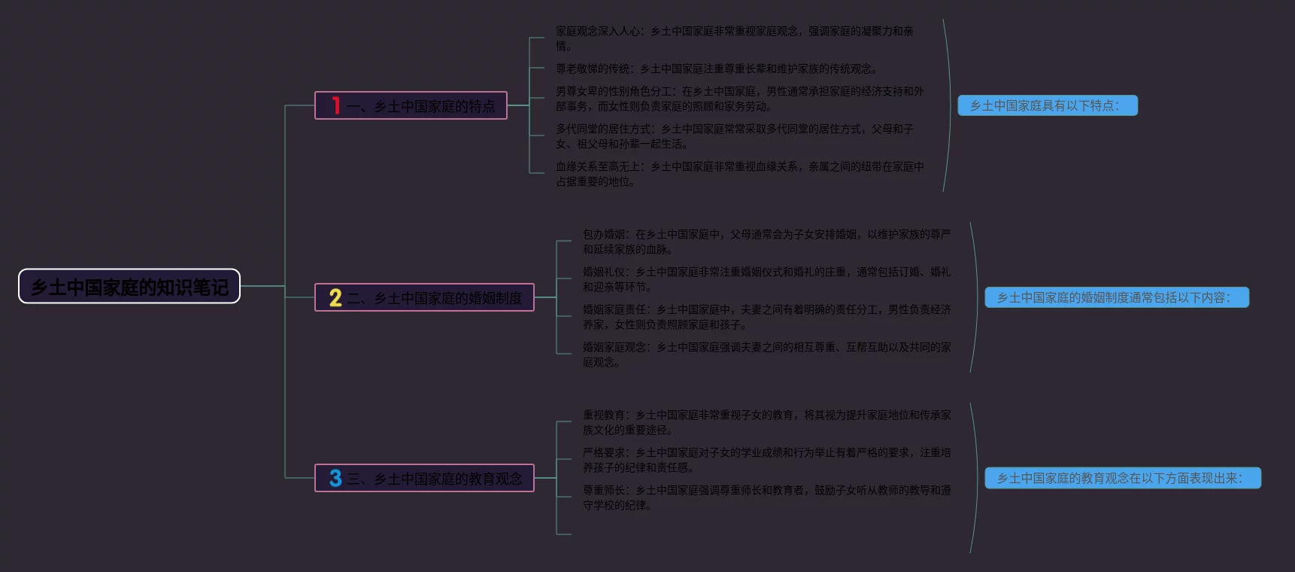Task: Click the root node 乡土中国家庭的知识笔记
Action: pos(129,287)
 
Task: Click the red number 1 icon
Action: pos(335,106)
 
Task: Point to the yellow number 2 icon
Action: pos(335,298)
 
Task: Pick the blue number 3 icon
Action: pos(335,479)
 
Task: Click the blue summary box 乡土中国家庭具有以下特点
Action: pos(1047,106)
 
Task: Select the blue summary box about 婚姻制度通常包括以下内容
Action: pos(1116,298)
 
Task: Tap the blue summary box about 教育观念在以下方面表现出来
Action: pos(1122,479)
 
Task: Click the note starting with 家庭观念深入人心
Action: pos(734,38)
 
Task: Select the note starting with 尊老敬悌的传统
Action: pos(716,69)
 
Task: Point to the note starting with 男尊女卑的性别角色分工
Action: pos(739,99)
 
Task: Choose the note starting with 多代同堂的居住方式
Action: pos(734,136)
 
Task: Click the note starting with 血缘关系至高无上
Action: pos(739,174)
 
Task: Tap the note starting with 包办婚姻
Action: pos(766,242)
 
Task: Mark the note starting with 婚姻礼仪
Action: pos(766,279)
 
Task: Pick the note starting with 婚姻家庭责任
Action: pos(766,317)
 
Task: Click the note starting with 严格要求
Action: pos(766,460)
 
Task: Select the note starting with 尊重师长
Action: pos(766,497)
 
